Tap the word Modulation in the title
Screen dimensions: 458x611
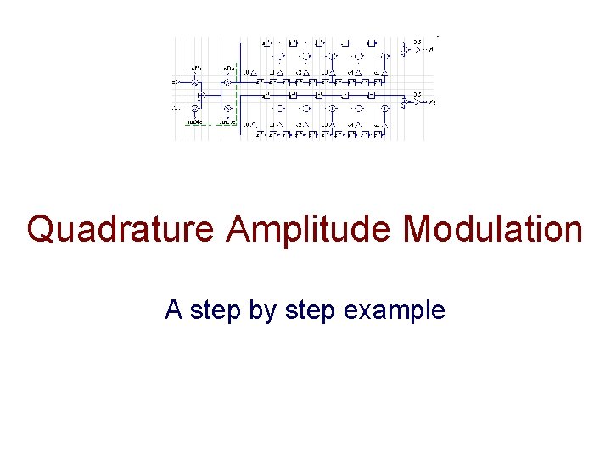pos(492,230)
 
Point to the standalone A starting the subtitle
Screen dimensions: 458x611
pos(173,310)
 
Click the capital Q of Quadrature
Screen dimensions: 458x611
pos(41,230)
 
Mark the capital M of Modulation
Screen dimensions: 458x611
pos(418,230)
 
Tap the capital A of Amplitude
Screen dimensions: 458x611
pos(239,230)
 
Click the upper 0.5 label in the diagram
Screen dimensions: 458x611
pos(418,42)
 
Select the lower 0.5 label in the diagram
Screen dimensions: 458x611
pos(418,95)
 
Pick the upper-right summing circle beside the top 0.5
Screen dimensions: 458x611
pos(406,51)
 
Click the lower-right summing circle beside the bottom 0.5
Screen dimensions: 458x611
pos(406,103)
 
